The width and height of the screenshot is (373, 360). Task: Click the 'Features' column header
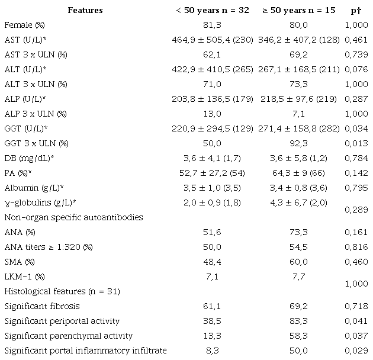pos(85,10)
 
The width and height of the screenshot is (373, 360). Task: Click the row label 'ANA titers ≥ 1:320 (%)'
pos(45,247)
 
